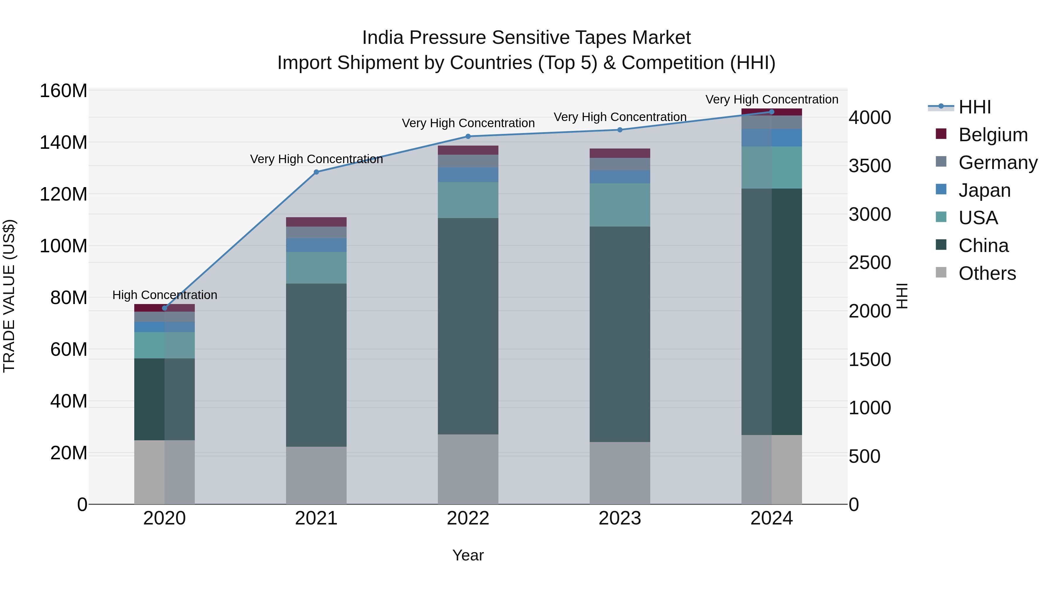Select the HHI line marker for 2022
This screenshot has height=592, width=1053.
[468, 137]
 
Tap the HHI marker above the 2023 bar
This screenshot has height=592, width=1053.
[620, 130]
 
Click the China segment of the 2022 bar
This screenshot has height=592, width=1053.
[468, 326]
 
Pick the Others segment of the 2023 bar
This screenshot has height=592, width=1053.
[620, 473]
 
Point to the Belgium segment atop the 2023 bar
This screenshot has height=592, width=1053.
[620, 153]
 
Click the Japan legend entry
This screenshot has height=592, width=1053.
[984, 190]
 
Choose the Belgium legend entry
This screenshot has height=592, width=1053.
[992, 135]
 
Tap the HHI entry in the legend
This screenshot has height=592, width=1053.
[975, 107]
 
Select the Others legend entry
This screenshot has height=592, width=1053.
[987, 273]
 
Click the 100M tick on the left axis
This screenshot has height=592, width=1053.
[63, 246]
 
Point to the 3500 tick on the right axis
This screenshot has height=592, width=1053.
[870, 166]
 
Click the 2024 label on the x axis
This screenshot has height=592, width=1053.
[771, 518]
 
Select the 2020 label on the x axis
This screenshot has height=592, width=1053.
[164, 518]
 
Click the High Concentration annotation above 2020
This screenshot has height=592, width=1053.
[165, 295]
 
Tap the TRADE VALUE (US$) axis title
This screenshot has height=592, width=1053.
[9, 296]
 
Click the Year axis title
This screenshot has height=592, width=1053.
[468, 555]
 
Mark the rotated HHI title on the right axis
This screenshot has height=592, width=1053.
[901, 296]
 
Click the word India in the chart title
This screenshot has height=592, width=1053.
[383, 38]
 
